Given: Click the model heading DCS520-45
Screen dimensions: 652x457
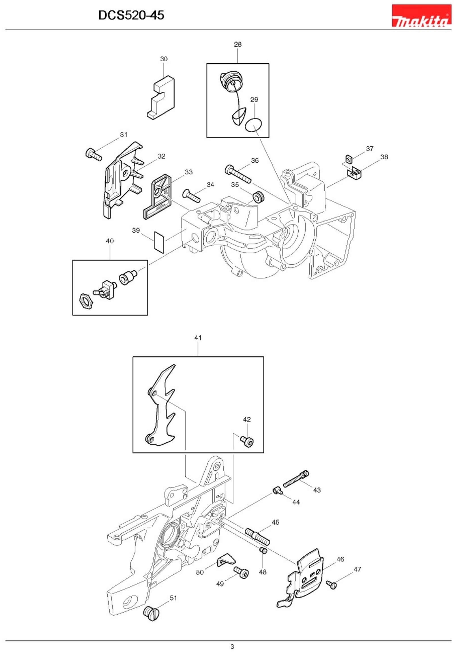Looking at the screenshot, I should [131, 15].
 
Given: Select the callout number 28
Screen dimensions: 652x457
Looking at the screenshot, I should [238, 44].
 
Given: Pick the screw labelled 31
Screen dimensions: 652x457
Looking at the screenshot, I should [93, 154].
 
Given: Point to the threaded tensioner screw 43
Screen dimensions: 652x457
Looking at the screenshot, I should [296, 479].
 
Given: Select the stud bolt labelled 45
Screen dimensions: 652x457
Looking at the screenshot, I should [257, 534].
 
